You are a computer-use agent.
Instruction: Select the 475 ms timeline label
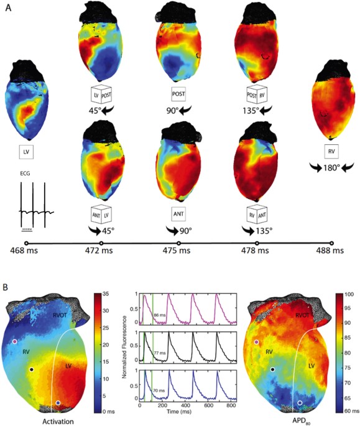[x=181, y=251]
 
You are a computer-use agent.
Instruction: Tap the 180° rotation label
[x=330, y=168]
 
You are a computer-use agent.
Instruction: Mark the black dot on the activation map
[x=31, y=370]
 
